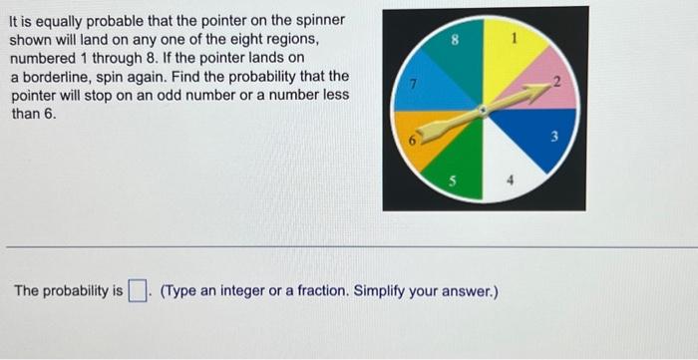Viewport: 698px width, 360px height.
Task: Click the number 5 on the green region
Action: [x=454, y=182]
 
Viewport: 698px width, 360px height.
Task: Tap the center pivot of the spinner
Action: [x=486, y=111]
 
